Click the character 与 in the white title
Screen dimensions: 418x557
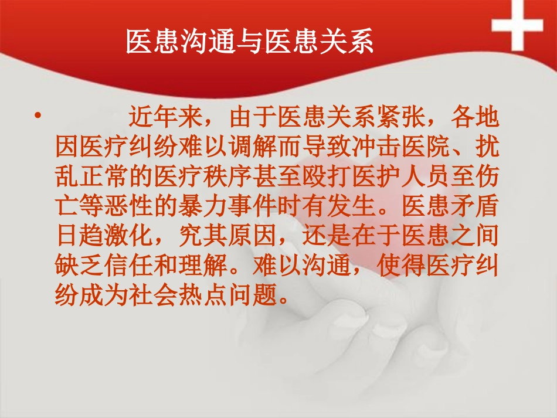(x=250, y=42)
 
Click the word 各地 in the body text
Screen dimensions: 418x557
(x=476, y=118)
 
